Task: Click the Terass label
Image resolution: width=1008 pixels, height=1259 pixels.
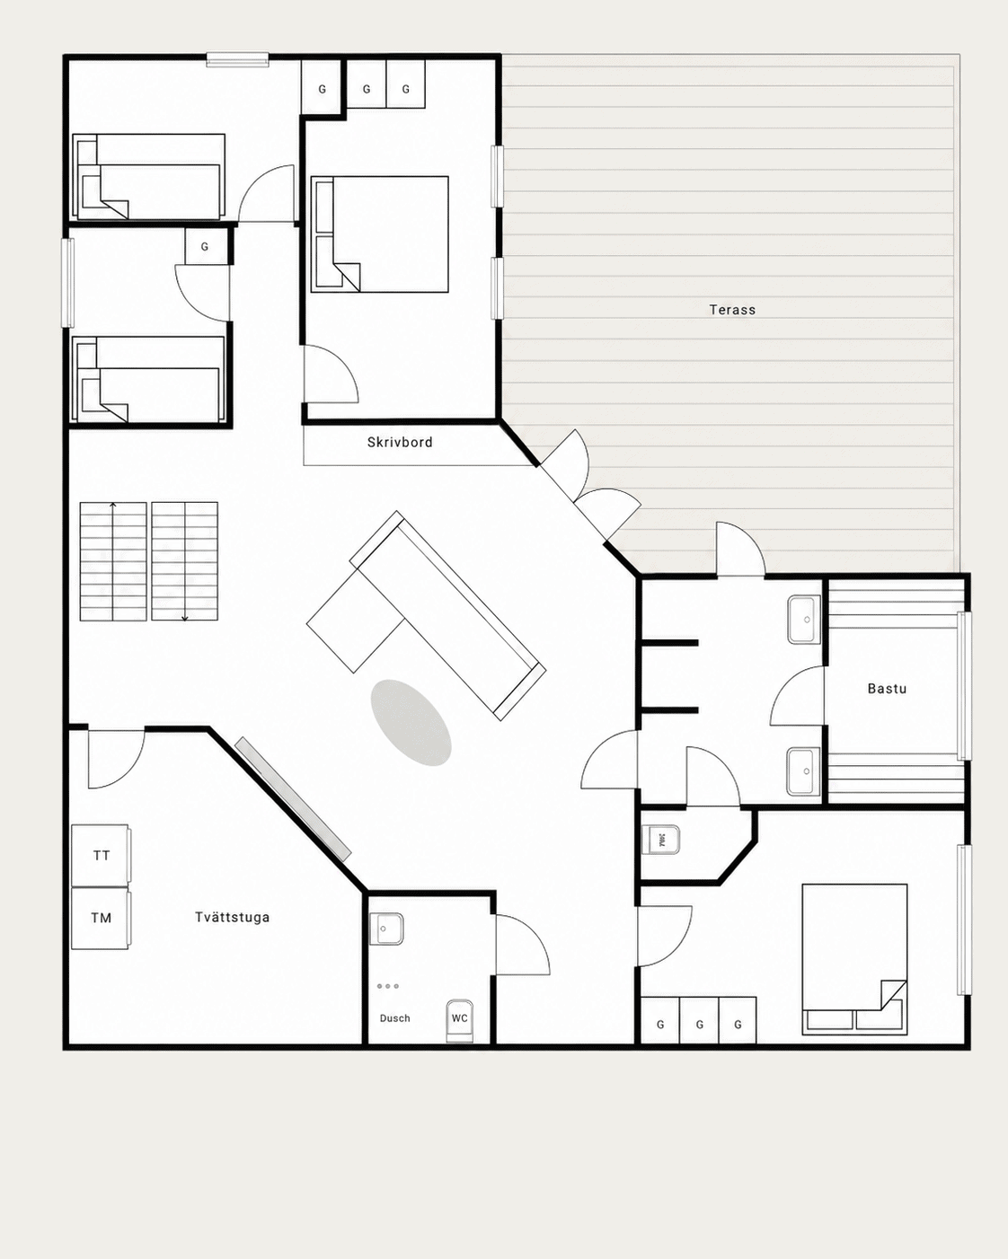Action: (732, 310)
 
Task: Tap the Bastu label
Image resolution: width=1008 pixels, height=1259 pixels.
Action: (887, 689)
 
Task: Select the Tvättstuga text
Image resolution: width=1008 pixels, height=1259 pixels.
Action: (233, 917)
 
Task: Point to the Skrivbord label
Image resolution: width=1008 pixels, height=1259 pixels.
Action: (400, 443)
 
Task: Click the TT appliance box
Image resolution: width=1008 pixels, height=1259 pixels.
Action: (101, 855)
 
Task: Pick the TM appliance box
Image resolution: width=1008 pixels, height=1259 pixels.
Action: (101, 918)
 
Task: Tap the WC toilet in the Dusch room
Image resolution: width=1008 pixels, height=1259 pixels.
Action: (459, 1020)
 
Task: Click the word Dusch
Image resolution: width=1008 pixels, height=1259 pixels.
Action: (394, 1018)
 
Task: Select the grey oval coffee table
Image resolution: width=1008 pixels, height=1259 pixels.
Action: (411, 723)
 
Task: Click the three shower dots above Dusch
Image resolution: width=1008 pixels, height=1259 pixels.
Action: (388, 986)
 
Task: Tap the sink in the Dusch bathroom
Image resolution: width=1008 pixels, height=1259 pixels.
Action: (386, 929)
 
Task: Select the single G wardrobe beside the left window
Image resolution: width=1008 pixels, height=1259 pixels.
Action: (205, 246)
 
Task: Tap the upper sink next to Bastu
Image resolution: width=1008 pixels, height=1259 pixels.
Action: (804, 621)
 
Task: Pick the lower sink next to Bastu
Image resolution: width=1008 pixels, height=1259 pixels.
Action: (804, 771)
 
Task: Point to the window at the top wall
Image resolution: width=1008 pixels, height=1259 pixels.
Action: (237, 59)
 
